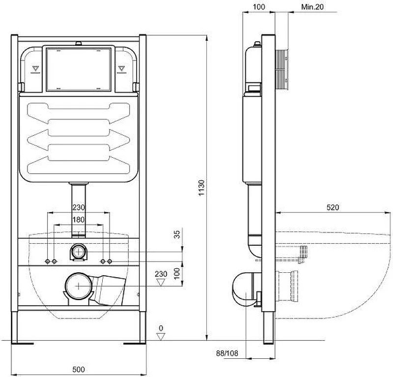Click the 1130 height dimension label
202,188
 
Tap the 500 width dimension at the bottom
79,369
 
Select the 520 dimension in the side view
333,207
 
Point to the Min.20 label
312,7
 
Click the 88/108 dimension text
227,353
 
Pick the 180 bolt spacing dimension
79,220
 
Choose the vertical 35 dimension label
177,234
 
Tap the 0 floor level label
161,328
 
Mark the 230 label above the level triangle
161,274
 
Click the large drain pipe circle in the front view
79,286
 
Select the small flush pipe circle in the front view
79,252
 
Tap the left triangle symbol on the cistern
35,68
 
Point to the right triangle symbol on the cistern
121,68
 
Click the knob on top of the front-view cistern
79,44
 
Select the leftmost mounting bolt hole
48,261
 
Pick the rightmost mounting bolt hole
110,261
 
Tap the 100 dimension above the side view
259,7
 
